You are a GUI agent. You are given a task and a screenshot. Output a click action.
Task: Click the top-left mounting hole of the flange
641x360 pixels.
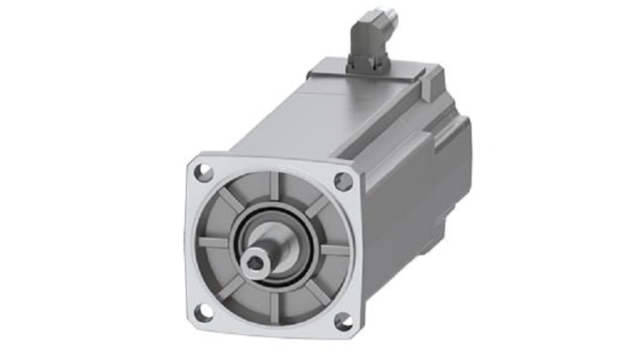click(204, 173)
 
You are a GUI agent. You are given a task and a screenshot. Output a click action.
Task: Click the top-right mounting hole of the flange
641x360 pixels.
click(343, 181)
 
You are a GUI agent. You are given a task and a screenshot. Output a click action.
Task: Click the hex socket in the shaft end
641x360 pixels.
click(256, 263)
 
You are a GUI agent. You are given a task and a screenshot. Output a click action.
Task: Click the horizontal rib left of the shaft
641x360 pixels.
click(213, 243)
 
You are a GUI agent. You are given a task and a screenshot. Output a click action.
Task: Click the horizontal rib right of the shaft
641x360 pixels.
click(335, 249)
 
